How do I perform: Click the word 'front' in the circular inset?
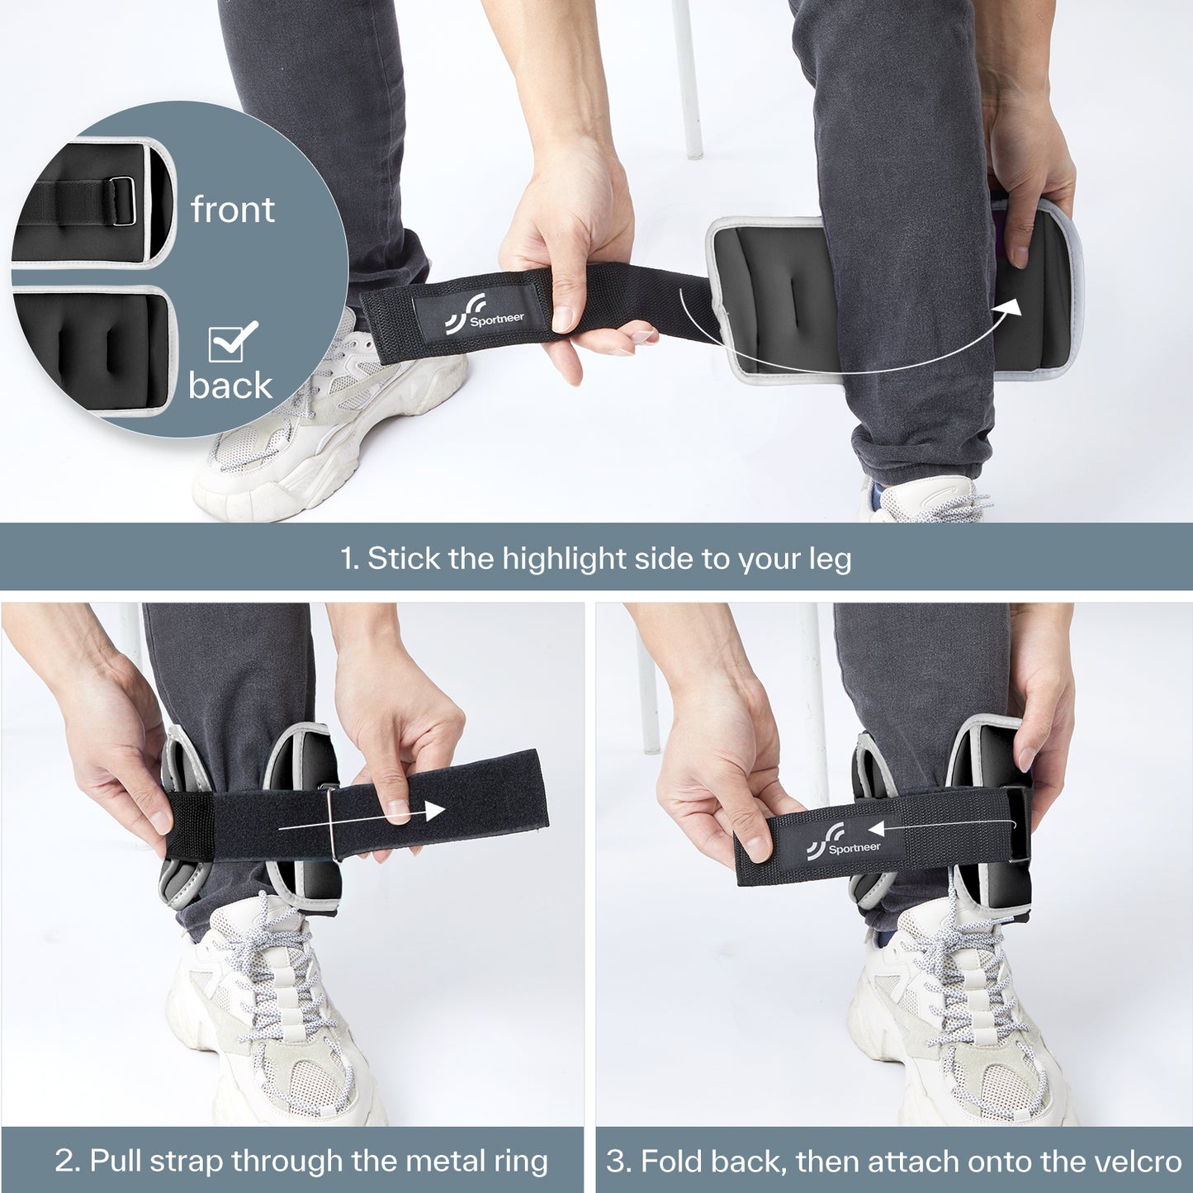(x=233, y=209)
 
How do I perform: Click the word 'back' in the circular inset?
(x=230, y=385)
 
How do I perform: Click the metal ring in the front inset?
(x=124, y=201)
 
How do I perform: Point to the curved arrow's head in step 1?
(x=1008, y=307)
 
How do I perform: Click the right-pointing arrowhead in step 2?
(x=435, y=811)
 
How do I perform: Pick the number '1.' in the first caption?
(x=350, y=559)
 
